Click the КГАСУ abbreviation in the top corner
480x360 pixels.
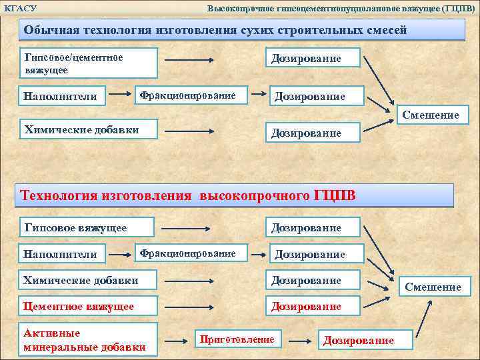coord(20,8)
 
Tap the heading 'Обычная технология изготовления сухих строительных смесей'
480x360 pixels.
coord(215,31)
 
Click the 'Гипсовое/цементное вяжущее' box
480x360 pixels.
coord(90,63)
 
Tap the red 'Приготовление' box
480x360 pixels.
coord(237,339)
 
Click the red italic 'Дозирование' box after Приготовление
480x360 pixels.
coord(358,340)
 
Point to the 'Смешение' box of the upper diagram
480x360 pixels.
coord(431,115)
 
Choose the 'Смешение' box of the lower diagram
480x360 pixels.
coord(433,287)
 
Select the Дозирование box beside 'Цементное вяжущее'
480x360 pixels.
coord(313,307)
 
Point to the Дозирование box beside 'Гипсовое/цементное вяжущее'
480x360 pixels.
coord(313,59)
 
